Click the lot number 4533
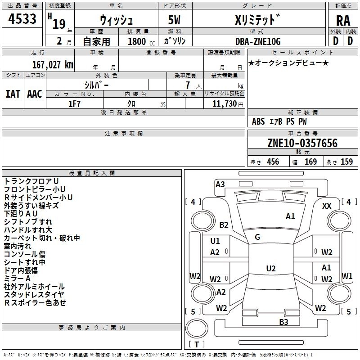point(22,20)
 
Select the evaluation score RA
point(343,20)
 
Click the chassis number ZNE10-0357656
point(302,143)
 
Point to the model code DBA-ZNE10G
point(258,41)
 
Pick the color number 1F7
point(74,103)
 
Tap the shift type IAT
point(13,94)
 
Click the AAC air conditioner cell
point(35,94)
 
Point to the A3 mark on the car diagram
point(220,184)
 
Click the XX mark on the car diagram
point(327,206)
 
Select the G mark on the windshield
point(257,237)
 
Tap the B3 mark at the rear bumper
point(283,322)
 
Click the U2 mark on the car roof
point(271,269)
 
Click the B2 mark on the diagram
point(224,225)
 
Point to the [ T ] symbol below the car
point(196,345)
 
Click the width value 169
point(310,162)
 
